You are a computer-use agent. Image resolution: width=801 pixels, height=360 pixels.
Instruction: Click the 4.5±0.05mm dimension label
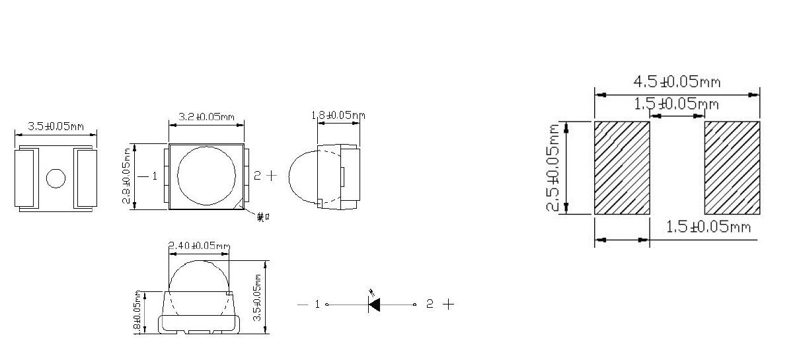(677, 82)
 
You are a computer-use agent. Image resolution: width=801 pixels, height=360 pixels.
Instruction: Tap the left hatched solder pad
(622, 168)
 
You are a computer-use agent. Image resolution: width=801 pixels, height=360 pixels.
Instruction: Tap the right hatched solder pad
(732, 168)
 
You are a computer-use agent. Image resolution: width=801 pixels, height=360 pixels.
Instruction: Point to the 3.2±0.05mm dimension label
(206, 117)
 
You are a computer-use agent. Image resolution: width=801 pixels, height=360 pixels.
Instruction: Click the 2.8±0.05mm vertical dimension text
(127, 176)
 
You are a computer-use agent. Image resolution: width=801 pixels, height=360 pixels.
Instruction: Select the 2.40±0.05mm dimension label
(199, 246)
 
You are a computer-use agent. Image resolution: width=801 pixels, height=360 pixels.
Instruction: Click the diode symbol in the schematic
(374, 305)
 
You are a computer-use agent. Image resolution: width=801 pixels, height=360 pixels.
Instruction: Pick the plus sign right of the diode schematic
(448, 304)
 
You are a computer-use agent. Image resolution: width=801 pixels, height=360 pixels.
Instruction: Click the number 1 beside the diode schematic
(317, 305)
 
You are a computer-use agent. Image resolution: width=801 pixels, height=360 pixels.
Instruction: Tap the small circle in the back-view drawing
(56, 178)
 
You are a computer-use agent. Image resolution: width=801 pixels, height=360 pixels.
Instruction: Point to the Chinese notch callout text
(263, 217)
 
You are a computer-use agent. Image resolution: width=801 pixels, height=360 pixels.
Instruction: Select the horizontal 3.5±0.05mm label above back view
(55, 126)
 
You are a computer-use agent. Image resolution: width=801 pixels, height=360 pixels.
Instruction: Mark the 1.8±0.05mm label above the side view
(338, 116)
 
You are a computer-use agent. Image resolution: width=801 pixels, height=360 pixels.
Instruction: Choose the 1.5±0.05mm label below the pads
(708, 227)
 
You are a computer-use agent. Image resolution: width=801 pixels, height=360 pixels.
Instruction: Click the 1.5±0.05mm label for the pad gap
(677, 104)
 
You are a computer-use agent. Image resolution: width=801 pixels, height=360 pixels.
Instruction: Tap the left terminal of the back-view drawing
(27, 178)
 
